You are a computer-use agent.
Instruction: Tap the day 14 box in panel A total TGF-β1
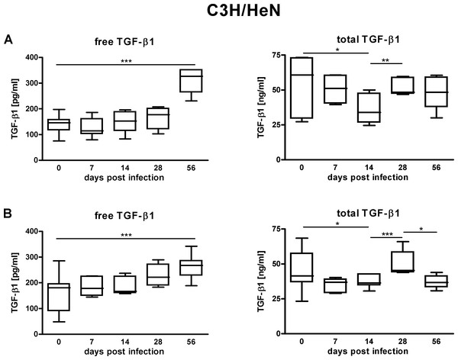click(372, 106)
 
